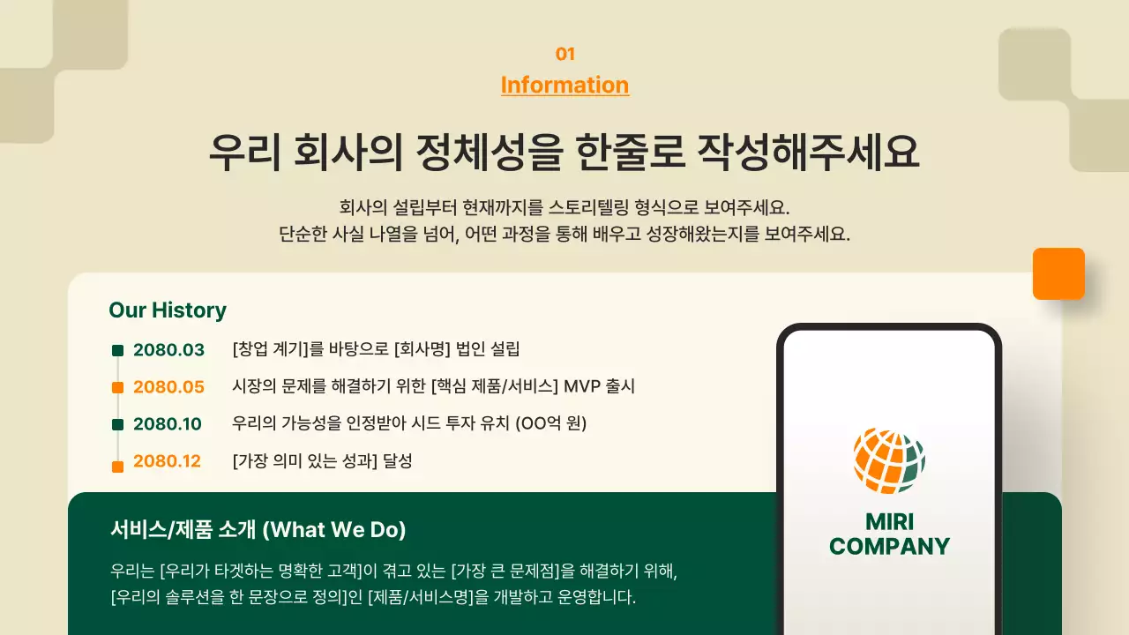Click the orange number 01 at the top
coord(564,54)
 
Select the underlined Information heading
coord(564,85)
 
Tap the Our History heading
coord(168,310)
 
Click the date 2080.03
coord(168,350)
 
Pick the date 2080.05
coord(168,387)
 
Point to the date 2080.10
coord(168,424)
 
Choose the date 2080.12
coord(167,461)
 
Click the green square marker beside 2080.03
coord(118,350)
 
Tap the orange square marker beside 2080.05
coord(118,388)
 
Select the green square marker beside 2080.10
coord(118,424)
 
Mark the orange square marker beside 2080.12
coord(118,467)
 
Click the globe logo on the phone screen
coord(889,460)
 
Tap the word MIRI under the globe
coord(889,520)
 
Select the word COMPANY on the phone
coord(889,547)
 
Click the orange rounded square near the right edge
coord(1058,273)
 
